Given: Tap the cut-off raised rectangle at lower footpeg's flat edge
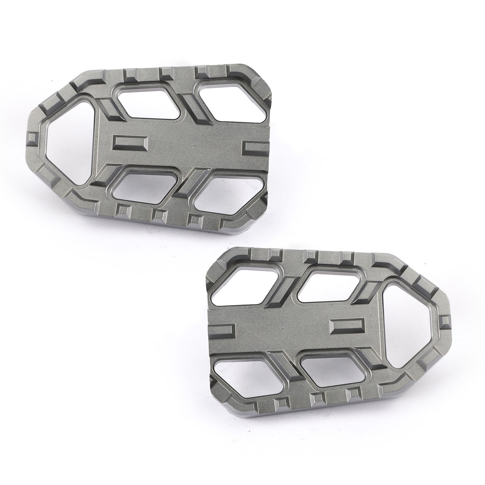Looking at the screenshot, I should pos(223,330).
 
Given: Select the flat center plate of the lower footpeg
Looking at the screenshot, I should pos(282,324).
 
